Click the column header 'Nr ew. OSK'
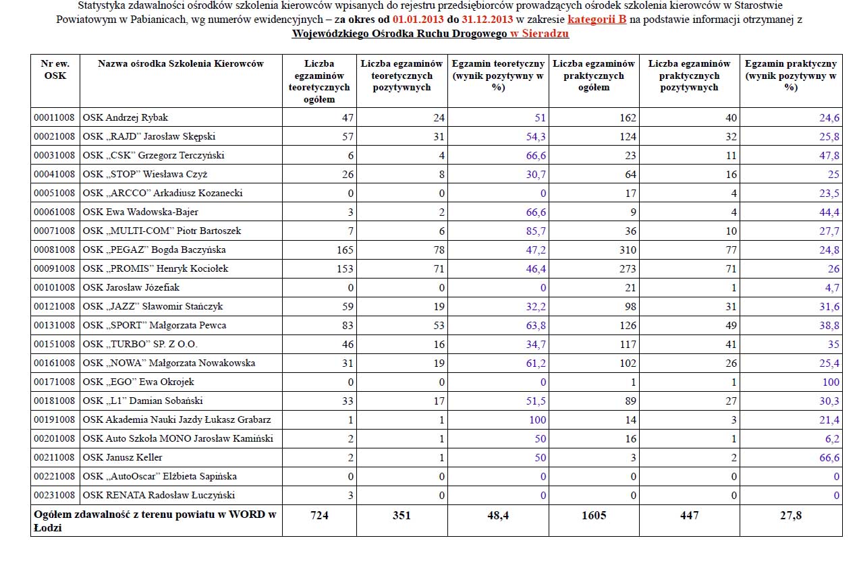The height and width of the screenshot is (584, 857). pos(55,69)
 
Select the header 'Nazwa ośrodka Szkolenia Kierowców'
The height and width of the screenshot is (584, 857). pos(181,63)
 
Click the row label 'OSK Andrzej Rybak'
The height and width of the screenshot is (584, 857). pos(125,117)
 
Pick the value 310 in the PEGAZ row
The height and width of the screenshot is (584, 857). pos(628,250)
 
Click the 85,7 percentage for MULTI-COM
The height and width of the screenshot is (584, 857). pos(536,231)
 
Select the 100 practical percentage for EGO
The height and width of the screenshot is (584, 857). pos(831,382)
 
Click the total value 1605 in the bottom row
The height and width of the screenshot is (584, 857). pos(594,515)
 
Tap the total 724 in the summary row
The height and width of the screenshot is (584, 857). pos(319,515)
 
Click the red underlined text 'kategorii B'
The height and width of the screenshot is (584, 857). pos(597,20)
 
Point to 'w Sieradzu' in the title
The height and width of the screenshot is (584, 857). pos(539,33)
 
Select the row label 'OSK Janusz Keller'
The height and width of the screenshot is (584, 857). pos(122,457)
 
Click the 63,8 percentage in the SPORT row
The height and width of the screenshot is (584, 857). pos(536,325)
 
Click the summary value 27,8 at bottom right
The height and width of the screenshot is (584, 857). pos(791,515)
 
